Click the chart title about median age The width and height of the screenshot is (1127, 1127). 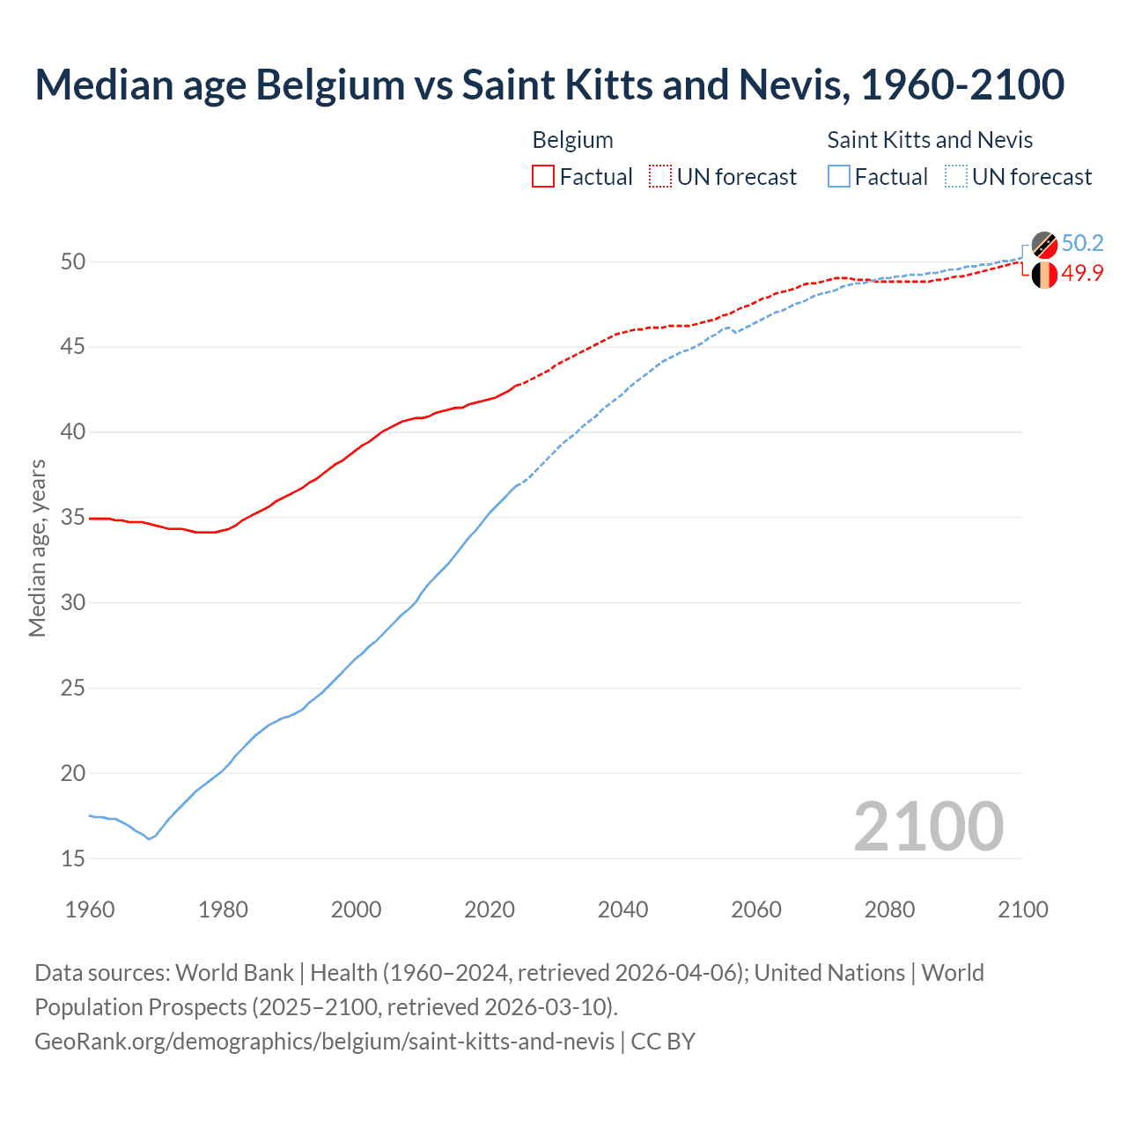549,85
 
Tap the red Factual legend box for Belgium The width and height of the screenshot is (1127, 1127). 542,177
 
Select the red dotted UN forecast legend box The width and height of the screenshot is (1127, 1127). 660,177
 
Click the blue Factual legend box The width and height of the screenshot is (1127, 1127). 838,177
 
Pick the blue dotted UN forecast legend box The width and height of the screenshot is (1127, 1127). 956,177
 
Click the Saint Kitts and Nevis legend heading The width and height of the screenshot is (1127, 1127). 930,140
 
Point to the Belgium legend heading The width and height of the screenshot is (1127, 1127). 572,140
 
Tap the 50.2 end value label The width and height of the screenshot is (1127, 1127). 1082,244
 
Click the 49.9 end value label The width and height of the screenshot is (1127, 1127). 1082,274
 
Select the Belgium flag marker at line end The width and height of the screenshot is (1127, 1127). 1044,275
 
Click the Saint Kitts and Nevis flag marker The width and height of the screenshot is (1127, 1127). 1044,245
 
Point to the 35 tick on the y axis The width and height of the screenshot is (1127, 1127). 73,518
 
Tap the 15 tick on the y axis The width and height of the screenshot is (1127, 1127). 73,858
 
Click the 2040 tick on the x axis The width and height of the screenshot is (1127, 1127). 622,910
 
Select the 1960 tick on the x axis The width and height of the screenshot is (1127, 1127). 90,910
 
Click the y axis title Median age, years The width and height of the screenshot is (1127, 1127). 37,548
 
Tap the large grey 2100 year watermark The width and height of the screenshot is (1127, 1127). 928,827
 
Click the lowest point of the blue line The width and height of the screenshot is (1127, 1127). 149,838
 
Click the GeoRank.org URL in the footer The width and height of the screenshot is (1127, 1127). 324,1041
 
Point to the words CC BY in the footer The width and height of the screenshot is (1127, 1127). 663,1041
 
